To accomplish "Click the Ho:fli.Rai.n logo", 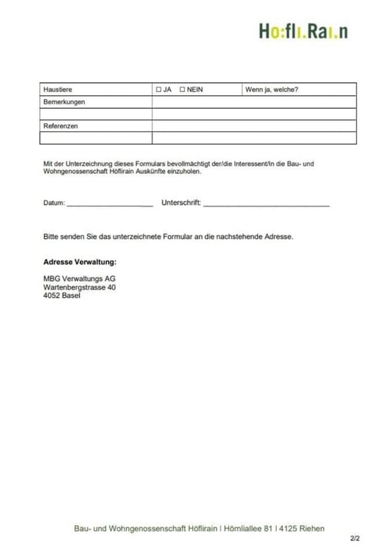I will (303, 32).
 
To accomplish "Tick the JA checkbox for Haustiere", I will (158, 89).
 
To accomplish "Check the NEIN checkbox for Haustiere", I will (182, 89).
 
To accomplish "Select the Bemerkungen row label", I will (64, 102).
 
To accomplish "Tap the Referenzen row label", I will (61, 126).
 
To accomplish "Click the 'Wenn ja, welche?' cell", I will (272, 89).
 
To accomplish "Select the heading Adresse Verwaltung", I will (80, 261).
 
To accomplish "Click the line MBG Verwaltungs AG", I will (79, 279).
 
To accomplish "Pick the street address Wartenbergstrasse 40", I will (79, 287).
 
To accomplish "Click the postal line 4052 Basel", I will (62, 296).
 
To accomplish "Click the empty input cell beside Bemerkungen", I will (253, 102).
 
